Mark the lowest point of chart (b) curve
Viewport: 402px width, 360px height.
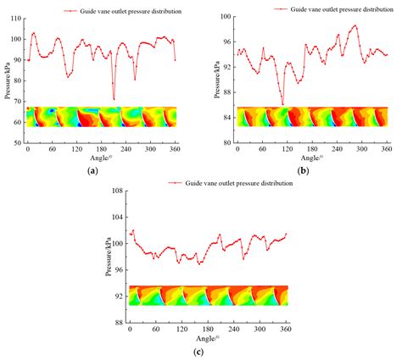[282, 104]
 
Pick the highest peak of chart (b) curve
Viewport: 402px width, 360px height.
[355, 25]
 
